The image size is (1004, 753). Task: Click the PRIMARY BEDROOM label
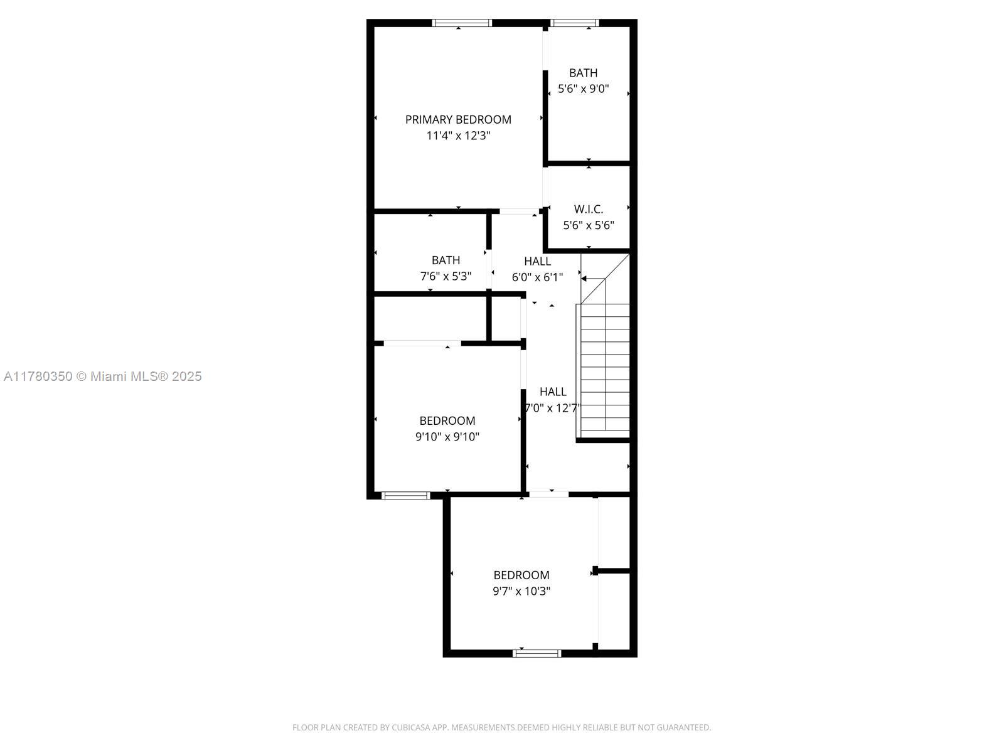tap(458, 119)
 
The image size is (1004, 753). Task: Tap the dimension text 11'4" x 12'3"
tap(458, 136)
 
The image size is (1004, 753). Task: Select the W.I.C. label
tap(588, 209)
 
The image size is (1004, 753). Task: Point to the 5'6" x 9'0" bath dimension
tap(584, 89)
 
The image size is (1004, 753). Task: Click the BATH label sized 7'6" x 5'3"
tap(446, 260)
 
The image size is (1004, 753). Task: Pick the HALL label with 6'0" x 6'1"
tap(537, 261)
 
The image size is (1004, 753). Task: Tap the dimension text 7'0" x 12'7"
tap(552, 408)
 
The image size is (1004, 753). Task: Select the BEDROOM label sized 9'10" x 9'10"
tap(447, 420)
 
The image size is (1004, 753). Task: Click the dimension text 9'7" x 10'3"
tap(521, 591)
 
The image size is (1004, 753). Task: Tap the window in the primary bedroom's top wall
tap(462, 23)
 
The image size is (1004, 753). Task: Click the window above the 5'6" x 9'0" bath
tap(574, 23)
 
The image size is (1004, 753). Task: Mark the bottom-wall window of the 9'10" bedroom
tap(406, 496)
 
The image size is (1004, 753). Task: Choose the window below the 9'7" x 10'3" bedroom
tap(537, 653)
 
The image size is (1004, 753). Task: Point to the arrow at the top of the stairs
tap(592, 279)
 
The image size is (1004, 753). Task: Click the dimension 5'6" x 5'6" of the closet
tap(588, 225)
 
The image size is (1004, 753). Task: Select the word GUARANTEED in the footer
tap(683, 727)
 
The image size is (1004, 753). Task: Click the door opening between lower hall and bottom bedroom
tap(549, 494)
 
